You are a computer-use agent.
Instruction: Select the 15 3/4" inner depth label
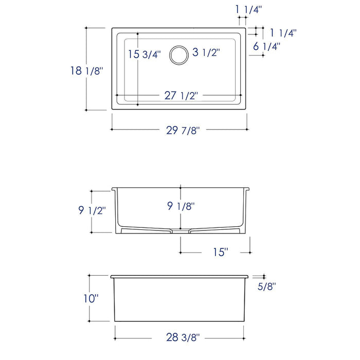click(145, 54)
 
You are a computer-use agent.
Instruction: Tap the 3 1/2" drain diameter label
click(206, 52)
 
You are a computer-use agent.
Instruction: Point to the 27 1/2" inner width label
click(181, 96)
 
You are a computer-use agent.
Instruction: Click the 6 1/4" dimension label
click(266, 46)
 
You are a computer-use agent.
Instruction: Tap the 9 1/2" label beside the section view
click(93, 210)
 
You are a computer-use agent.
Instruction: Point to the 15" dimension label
click(220, 252)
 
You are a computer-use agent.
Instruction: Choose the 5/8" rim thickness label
click(267, 287)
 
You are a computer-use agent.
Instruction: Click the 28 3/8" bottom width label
click(183, 337)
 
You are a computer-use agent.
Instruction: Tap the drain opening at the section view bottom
click(180, 230)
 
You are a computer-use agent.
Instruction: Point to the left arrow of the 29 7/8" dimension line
click(113, 130)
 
